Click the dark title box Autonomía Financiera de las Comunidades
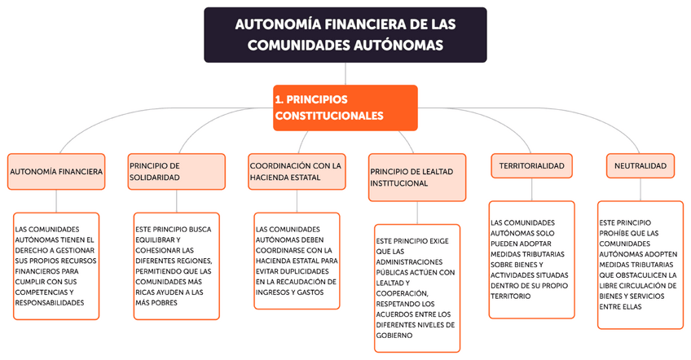point(345,34)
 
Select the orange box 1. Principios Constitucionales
point(345,107)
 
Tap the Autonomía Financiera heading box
point(55,171)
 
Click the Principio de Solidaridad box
point(176,171)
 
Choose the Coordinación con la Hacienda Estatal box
point(296,171)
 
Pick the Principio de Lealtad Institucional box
point(416,177)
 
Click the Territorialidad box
point(531,165)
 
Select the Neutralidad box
point(640,165)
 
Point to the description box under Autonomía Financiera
point(55,266)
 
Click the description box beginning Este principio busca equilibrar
point(176,266)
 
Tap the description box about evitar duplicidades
point(296,261)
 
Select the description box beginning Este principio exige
point(416,288)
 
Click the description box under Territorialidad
point(531,259)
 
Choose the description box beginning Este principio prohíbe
point(640,264)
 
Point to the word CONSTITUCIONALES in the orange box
point(329,116)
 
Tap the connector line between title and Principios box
point(345,73)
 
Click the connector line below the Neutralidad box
point(640,189)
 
